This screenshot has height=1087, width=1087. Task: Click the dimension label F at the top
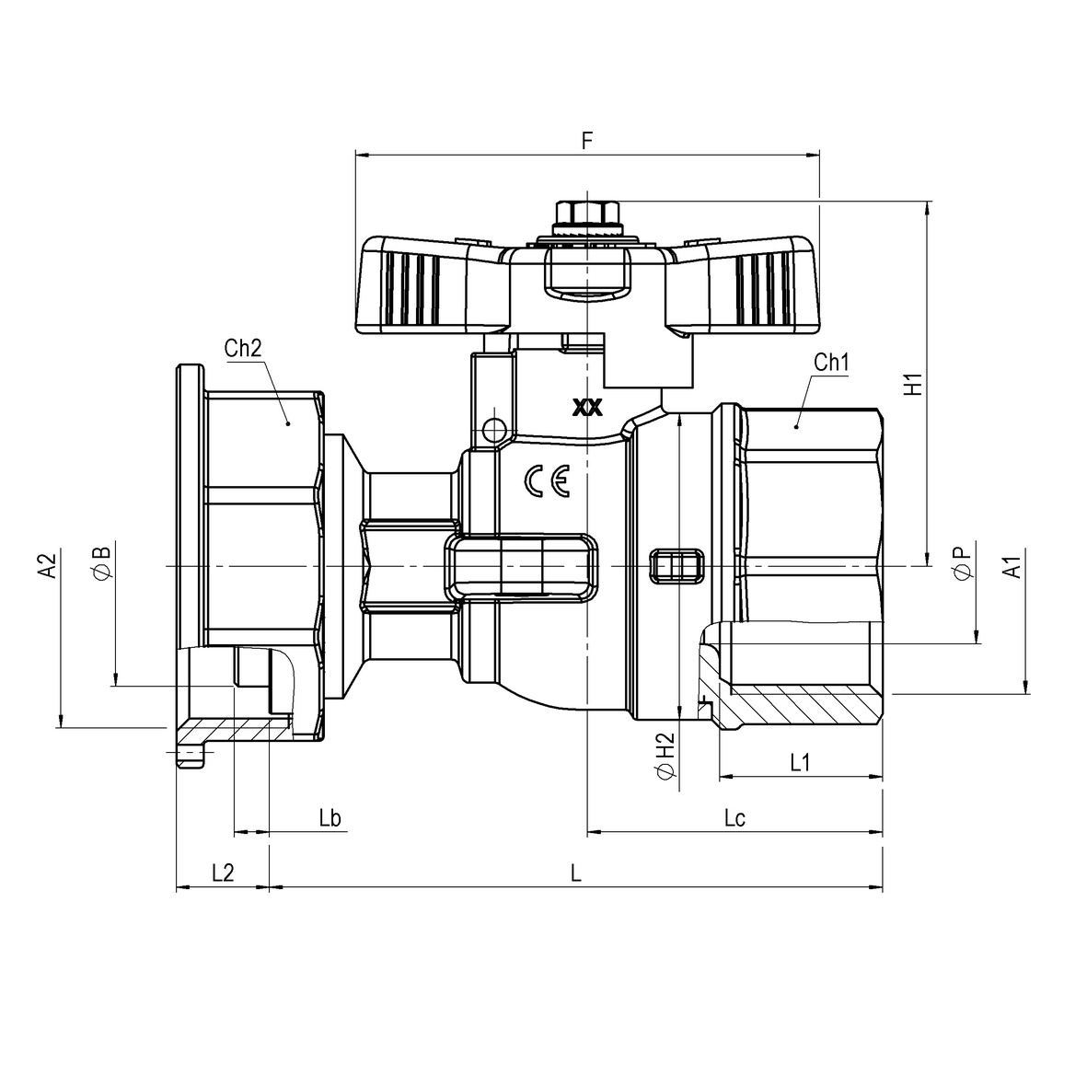(x=587, y=141)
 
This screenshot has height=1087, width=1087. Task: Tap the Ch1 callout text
(x=830, y=362)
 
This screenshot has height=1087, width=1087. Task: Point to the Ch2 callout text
(x=243, y=348)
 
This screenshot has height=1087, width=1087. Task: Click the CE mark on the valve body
(x=547, y=480)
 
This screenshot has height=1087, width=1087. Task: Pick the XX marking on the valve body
(x=587, y=408)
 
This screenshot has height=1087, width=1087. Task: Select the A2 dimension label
(x=47, y=565)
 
